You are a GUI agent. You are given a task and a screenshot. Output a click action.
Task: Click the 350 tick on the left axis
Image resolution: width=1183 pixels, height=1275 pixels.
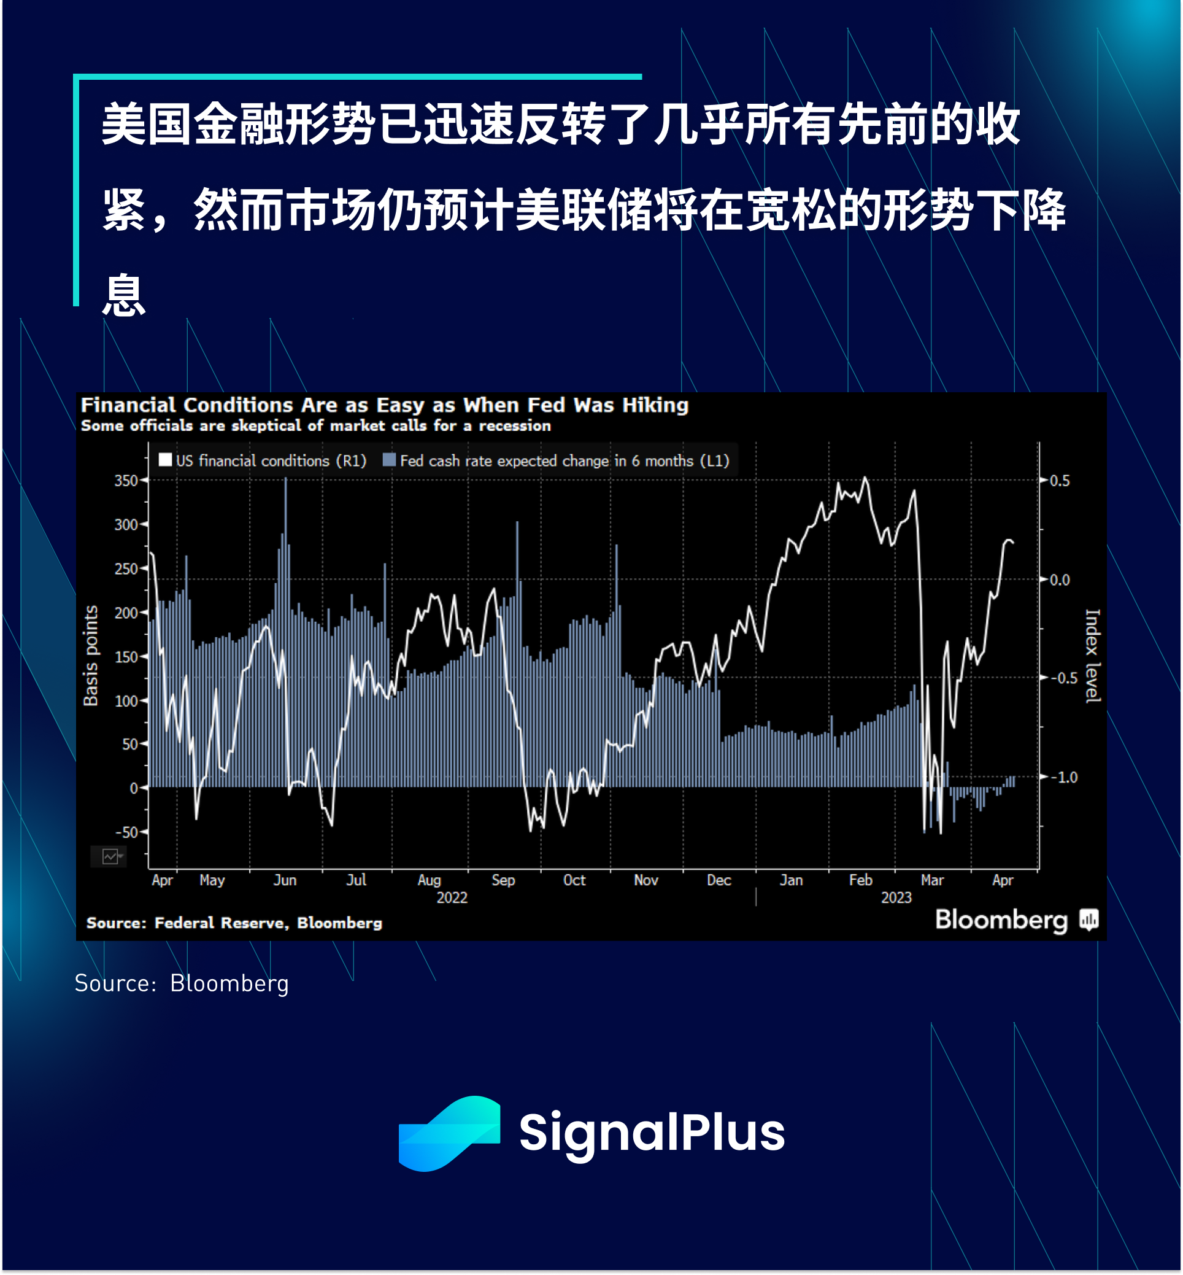126,480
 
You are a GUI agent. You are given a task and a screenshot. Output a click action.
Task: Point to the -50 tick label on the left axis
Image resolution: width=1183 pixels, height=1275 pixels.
126,832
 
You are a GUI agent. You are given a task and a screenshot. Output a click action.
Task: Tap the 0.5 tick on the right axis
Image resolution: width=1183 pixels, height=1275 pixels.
1060,480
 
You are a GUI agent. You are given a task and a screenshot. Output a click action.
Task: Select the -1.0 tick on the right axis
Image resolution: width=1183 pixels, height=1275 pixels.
1063,777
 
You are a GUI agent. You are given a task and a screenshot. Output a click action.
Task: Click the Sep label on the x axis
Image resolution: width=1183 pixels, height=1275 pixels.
503,880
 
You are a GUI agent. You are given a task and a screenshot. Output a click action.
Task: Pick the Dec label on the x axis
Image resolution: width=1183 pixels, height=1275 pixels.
719,880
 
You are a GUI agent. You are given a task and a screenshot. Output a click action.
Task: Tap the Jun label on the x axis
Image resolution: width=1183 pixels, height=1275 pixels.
285,880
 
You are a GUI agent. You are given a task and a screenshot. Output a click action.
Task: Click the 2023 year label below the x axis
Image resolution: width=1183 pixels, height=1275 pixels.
896,897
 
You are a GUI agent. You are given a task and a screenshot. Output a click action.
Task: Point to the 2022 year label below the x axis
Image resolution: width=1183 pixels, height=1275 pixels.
452,897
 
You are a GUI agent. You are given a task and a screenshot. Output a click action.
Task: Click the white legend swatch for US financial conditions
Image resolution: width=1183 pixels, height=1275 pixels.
165,460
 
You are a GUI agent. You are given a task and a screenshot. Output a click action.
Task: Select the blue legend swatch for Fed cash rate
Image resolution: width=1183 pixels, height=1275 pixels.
388,460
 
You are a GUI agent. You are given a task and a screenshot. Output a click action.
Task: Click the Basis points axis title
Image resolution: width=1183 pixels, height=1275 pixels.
91,656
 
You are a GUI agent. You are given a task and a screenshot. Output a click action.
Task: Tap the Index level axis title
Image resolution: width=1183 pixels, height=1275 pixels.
1093,656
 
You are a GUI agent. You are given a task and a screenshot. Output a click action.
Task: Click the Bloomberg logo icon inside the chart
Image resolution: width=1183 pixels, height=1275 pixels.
1089,920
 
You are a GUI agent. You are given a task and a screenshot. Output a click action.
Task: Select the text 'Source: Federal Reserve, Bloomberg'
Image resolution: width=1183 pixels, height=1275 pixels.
234,923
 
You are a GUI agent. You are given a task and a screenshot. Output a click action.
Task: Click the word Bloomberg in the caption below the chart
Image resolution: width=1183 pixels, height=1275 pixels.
229,983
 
